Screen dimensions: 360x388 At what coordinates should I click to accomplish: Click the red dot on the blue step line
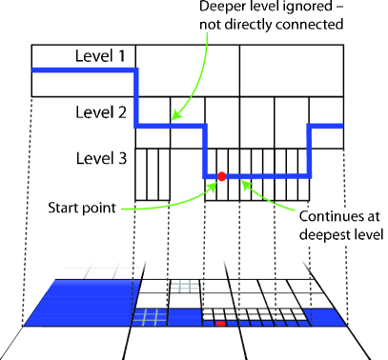(x=222, y=176)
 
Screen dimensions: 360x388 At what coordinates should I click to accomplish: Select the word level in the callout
(x=367, y=233)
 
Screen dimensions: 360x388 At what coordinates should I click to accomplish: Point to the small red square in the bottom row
(x=220, y=324)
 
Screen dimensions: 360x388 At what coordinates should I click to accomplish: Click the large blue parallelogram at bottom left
(x=81, y=303)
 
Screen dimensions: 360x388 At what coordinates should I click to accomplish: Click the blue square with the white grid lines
(x=149, y=317)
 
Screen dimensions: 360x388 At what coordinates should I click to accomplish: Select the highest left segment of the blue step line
(x=84, y=70)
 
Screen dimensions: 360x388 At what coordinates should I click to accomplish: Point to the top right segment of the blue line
(x=325, y=126)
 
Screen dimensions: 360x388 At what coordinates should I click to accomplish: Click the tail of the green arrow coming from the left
(x=124, y=208)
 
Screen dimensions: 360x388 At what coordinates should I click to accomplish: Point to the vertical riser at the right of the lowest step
(x=309, y=150)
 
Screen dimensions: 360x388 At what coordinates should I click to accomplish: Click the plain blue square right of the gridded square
(x=184, y=317)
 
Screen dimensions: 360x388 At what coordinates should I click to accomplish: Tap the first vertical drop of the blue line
(x=136, y=97)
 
